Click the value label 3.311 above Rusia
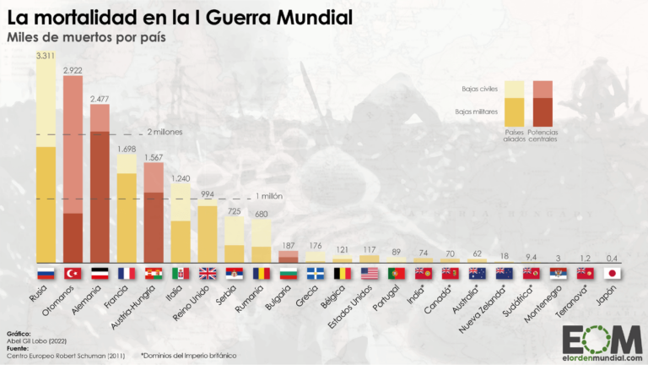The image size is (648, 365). click(x=46, y=55)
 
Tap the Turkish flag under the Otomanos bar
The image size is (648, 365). click(x=73, y=273)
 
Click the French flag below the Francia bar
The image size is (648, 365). click(x=127, y=273)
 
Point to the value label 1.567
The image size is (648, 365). click(x=154, y=157)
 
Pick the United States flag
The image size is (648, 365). click(x=370, y=273)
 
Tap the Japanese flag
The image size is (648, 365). click(x=613, y=273)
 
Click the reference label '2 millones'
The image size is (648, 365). click(x=165, y=133)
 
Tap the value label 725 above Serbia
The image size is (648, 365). click(x=235, y=210)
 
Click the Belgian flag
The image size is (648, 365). click(x=343, y=273)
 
